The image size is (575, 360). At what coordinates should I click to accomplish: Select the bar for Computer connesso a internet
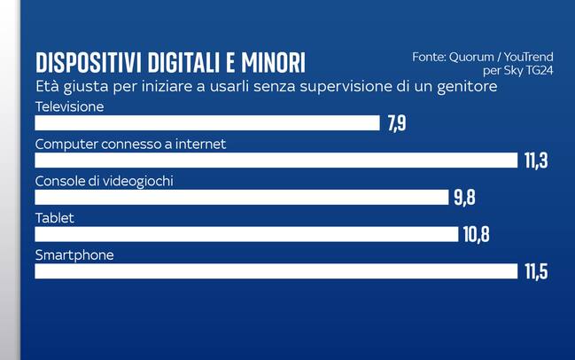pyautogui.click(x=276, y=160)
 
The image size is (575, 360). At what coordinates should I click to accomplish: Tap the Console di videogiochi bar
pyautogui.click(x=241, y=197)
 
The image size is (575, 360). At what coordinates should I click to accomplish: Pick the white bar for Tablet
pyautogui.click(x=246, y=234)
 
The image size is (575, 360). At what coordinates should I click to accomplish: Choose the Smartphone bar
pyautogui.click(x=276, y=271)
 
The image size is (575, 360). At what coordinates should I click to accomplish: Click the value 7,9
pyautogui.click(x=396, y=123)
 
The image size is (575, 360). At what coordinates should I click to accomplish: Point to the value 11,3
pyautogui.click(x=535, y=160)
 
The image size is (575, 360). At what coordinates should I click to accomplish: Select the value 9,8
pyautogui.click(x=464, y=197)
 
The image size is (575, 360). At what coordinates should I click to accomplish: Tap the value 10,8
pyautogui.click(x=476, y=234)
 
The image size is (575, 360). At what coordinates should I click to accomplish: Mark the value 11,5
pyautogui.click(x=535, y=271)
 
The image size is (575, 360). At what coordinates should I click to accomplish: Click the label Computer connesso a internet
pyautogui.click(x=130, y=144)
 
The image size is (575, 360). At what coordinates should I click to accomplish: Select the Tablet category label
pyautogui.click(x=54, y=218)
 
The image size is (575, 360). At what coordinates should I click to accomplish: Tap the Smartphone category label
pyautogui.click(x=74, y=255)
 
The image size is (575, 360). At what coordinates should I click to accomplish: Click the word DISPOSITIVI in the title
pyautogui.click(x=88, y=63)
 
